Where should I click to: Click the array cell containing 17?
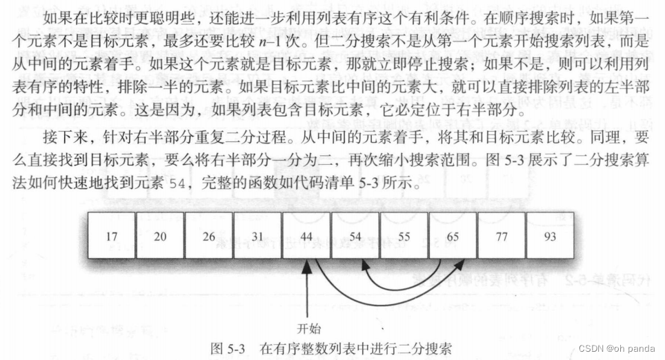click(111, 236)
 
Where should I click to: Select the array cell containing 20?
click(160, 236)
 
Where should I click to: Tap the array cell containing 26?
click(208, 236)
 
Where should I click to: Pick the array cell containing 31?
click(257, 236)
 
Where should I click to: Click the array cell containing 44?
click(306, 236)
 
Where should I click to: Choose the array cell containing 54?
click(355, 236)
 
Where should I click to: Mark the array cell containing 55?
click(404, 236)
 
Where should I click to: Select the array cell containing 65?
click(453, 236)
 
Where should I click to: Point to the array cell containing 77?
click(502, 236)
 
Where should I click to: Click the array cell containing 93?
click(550, 236)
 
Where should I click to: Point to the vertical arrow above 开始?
click(306, 290)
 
